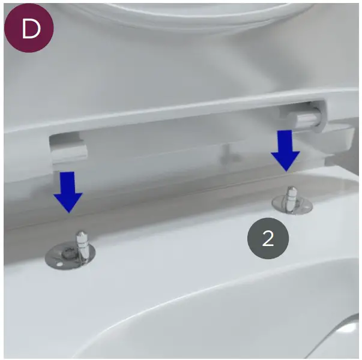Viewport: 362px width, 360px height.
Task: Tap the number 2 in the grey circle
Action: click(268, 238)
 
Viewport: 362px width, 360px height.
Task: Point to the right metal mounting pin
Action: click(291, 197)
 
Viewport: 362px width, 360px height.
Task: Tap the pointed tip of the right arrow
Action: click(285, 169)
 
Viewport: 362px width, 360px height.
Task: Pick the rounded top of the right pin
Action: click(291, 190)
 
